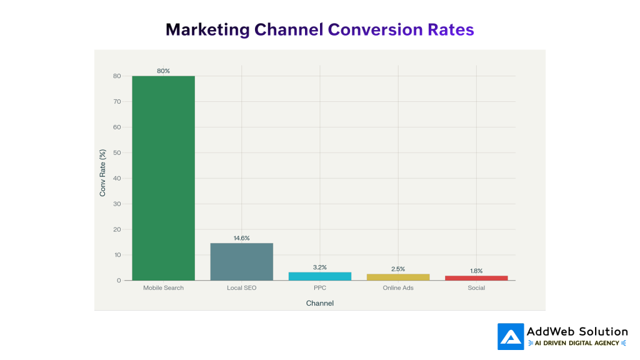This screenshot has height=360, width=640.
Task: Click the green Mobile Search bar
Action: (x=163, y=178)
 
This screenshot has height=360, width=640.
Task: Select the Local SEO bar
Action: (x=241, y=262)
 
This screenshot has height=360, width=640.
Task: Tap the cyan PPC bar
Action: (x=319, y=276)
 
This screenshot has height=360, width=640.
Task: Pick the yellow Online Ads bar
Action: (x=398, y=277)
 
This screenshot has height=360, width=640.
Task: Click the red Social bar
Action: (x=476, y=278)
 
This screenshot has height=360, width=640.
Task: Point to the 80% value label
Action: (x=163, y=71)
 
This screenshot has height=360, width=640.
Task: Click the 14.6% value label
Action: (x=241, y=238)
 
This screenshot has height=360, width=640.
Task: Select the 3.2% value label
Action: (x=319, y=267)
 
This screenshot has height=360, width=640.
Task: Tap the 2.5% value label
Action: (x=398, y=269)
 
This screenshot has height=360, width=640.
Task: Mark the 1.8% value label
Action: (x=476, y=271)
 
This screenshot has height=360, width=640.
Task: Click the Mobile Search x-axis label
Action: (x=163, y=288)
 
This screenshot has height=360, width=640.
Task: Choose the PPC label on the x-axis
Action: (x=319, y=288)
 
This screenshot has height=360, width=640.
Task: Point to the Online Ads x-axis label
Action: (x=398, y=288)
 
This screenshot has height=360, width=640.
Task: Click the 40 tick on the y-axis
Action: (x=117, y=178)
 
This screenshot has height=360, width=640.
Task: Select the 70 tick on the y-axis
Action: (x=117, y=101)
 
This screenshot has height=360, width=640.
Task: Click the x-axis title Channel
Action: (x=319, y=303)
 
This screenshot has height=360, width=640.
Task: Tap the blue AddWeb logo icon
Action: (x=511, y=336)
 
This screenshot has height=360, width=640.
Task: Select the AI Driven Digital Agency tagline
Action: (x=577, y=343)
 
